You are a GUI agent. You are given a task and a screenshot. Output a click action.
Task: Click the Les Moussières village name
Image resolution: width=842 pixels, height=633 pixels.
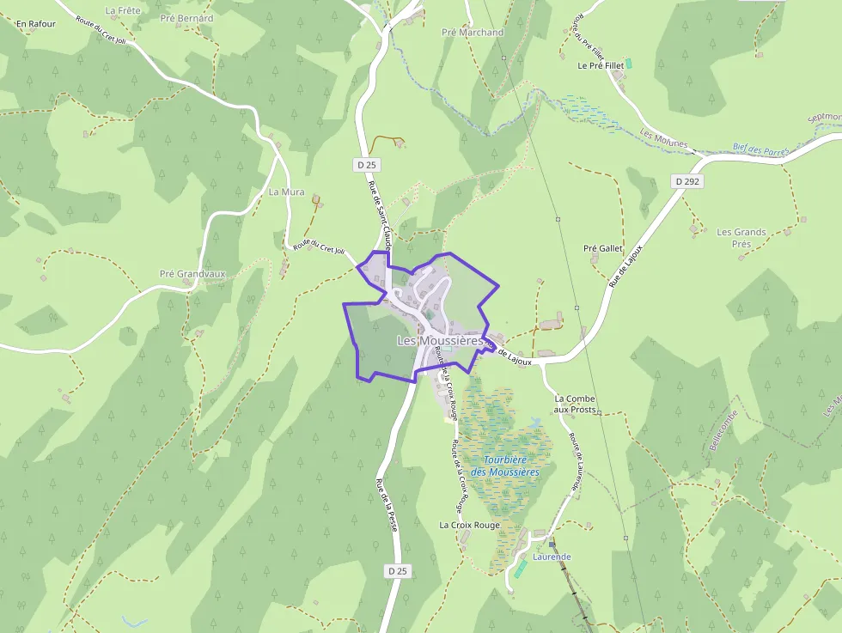[441, 341]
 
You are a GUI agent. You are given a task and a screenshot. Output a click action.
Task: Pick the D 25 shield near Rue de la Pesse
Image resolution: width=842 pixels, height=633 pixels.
[396, 570]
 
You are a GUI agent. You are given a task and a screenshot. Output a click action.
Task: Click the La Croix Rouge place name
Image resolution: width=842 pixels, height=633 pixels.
[469, 525]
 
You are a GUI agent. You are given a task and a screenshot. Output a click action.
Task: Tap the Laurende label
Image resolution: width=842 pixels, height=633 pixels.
[552, 557]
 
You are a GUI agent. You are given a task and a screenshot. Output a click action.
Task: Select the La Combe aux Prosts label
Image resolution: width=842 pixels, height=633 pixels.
[575, 404]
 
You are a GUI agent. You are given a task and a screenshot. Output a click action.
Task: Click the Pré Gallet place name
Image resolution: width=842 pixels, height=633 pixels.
[602, 248]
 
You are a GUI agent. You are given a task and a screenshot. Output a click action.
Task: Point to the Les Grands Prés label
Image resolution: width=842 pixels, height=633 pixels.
[741, 238]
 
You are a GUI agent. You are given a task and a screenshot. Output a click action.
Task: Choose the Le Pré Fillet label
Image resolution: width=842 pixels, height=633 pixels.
[600, 65]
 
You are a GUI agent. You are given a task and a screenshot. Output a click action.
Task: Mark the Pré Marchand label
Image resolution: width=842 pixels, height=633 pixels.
[473, 33]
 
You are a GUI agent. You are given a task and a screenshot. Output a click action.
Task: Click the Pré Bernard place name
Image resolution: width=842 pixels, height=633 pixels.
[186, 18]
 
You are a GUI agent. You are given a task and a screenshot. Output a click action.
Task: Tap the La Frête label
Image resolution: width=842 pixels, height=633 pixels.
[122, 10]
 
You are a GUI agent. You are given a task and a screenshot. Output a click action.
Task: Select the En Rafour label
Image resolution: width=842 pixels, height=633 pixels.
[35, 24]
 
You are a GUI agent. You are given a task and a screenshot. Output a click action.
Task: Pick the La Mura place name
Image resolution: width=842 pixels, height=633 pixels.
[287, 192]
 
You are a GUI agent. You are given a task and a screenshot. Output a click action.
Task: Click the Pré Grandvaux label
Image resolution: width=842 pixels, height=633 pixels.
[192, 274]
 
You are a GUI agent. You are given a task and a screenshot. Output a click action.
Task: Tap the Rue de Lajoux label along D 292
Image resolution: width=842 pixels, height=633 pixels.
[625, 260]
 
